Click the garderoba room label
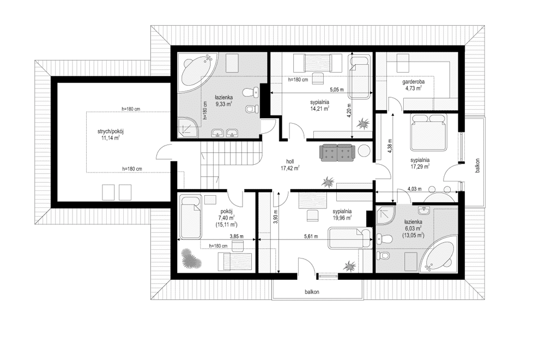point(413,82)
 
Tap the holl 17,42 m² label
point(290,165)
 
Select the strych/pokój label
point(111,131)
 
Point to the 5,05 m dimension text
point(336,90)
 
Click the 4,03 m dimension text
point(414,189)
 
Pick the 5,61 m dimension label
point(311,237)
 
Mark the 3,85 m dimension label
point(237,237)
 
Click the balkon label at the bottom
point(312,292)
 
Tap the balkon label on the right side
point(478,166)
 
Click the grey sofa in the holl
point(337,152)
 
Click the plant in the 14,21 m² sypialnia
point(364,123)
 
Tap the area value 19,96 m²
point(342,218)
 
